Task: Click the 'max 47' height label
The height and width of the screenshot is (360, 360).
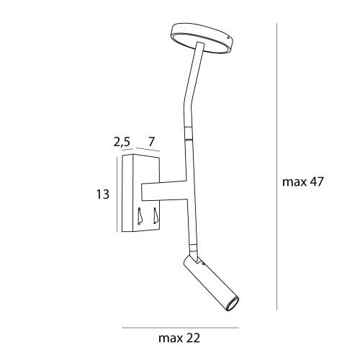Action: (x=306, y=181)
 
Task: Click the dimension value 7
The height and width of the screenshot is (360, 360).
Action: (x=152, y=142)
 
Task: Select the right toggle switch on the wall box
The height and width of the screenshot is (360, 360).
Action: (x=156, y=215)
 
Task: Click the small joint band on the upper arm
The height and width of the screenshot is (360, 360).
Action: (x=189, y=132)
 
